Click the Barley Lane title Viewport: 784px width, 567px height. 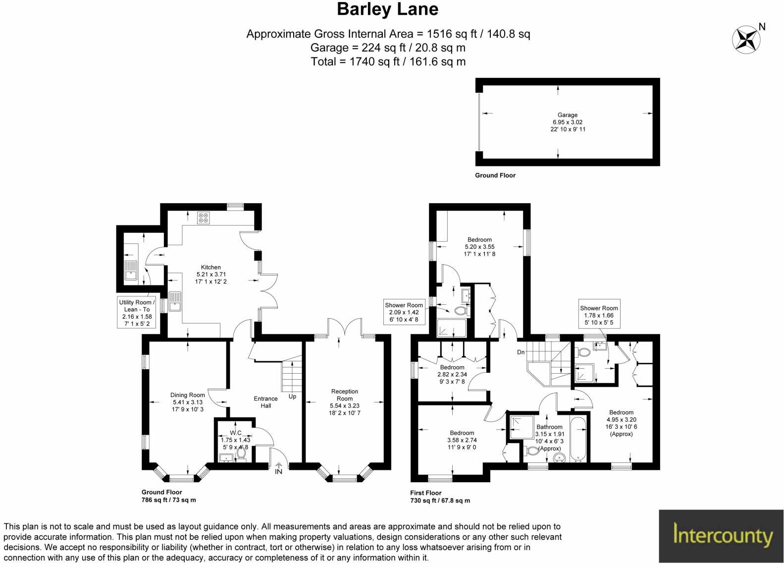tap(388, 9)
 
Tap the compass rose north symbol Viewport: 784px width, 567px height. tap(747, 40)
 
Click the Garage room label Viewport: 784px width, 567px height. tap(568, 122)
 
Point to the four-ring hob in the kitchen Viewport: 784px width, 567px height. tap(204, 218)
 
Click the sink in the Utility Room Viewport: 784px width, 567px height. tap(131, 271)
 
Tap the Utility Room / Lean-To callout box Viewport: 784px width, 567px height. tap(137, 313)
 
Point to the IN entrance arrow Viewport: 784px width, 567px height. tap(278, 468)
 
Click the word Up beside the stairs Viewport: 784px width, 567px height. tap(292, 397)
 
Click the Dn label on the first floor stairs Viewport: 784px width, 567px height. tap(521, 352)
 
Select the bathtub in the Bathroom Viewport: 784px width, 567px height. tap(578, 439)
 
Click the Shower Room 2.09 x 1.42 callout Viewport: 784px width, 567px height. tap(404, 312)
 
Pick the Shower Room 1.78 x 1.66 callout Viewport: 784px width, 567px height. tap(599, 315)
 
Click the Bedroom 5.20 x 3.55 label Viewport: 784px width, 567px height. tap(479, 247)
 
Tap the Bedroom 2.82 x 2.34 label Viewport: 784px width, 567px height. tap(452, 374)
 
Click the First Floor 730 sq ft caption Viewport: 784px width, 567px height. tap(440, 497)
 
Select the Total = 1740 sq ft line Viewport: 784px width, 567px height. tap(388, 61)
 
